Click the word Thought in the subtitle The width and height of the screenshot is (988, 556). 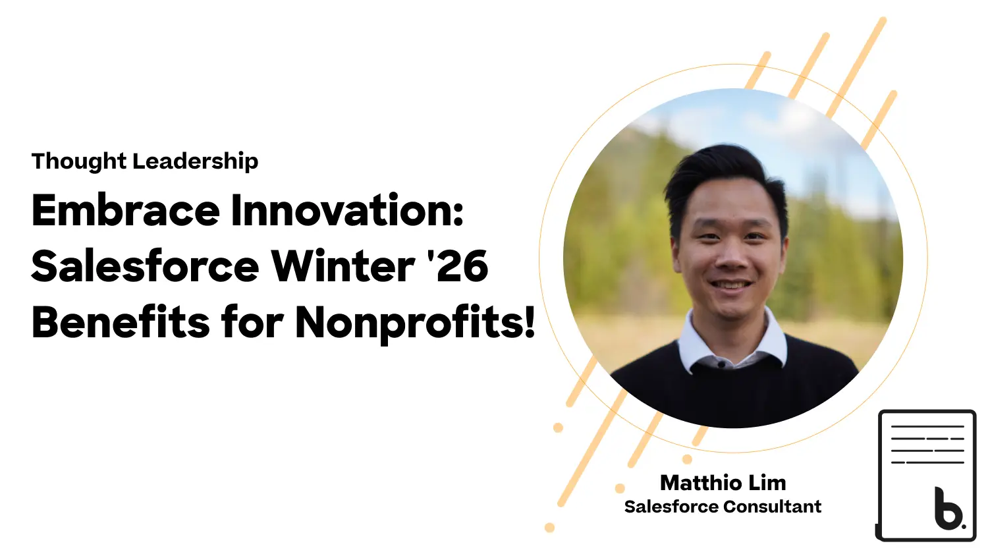tap(79, 161)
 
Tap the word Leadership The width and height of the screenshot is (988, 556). tap(196, 161)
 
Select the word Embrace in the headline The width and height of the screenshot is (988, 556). tap(125, 211)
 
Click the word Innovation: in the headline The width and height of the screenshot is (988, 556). tap(346, 211)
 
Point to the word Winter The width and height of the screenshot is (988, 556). tap(343, 267)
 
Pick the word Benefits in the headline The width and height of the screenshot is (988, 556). tap(121, 322)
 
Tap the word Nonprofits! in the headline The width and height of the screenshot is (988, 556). tap(414, 324)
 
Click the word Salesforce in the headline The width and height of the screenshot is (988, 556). tap(145, 267)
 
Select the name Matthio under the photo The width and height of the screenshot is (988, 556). tap(701, 483)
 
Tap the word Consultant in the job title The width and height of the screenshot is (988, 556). tap(773, 507)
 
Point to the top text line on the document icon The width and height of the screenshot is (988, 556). tap(927, 427)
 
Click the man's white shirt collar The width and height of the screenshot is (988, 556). tap(732, 343)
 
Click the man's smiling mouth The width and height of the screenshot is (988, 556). tap(731, 285)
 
